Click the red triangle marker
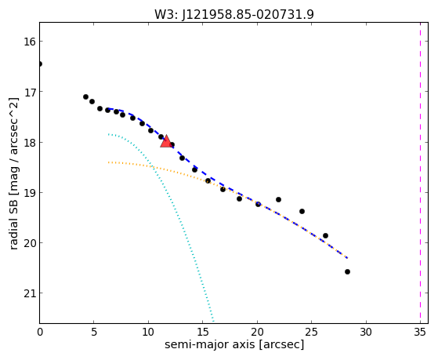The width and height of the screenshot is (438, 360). click(x=166, y=141)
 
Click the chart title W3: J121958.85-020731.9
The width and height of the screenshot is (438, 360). click(x=234, y=15)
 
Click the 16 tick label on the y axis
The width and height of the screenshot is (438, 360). click(x=30, y=42)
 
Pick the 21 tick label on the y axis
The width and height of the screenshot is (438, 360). click(x=30, y=293)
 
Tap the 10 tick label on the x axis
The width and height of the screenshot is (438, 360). click(x=148, y=333)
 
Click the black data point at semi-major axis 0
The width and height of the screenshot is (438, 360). click(x=40, y=64)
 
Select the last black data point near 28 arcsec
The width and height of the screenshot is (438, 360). click(x=347, y=271)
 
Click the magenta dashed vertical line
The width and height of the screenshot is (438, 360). click(x=420, y=173)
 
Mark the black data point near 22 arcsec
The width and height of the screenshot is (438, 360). click(x=278, y=199)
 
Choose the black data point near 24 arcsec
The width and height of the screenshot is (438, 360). click(x=302, y=211)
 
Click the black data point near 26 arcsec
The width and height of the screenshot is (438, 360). click(x=325, y=235)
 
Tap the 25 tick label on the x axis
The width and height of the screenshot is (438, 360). click(x=312, y=333)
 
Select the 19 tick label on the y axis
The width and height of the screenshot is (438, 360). click(x=30, y=193)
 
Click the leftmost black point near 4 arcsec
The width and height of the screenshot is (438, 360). click(x=85, y=96)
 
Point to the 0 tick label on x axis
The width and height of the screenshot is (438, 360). click(x=40, y=333)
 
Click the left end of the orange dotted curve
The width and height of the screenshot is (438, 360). click(x=109, y=162)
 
